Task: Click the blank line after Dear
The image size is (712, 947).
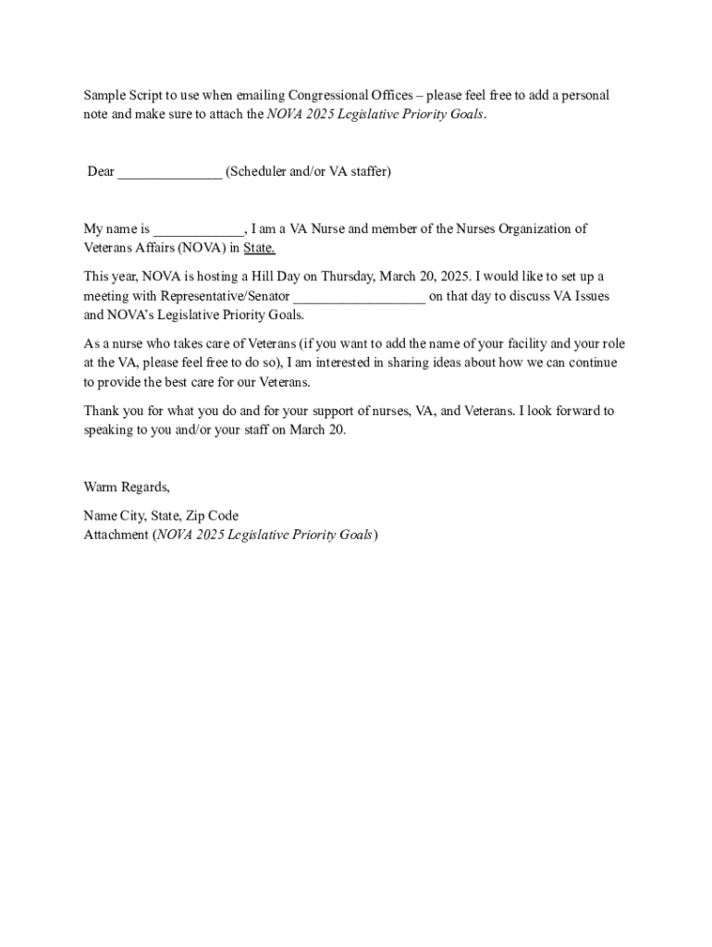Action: [x=169, y=173]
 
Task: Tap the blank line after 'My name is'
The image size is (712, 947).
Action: [x=198, y=230]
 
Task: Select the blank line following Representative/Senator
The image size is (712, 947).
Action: [x=359, y=298]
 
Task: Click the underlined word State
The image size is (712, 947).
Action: [x=259, y=248]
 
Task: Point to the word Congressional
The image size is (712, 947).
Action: [x=327, y=96]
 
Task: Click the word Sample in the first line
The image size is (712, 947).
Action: [x=104, y=96]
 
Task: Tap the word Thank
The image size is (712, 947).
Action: [x=101, y=411]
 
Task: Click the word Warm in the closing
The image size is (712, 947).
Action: [x=100, y=487]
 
